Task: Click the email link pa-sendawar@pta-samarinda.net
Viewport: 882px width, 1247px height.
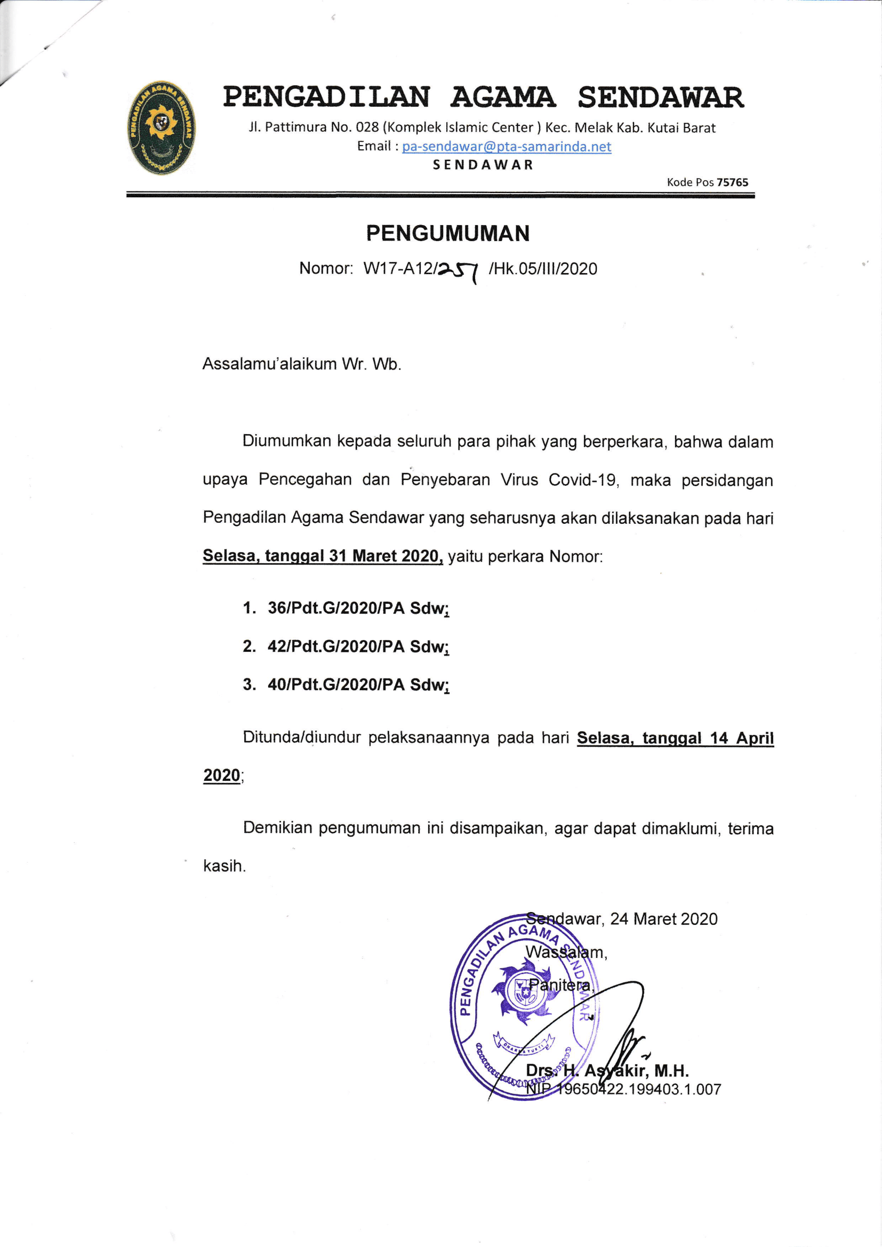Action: click(x=506, y=147)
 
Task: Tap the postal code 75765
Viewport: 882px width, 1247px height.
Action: click(x=732, y=182)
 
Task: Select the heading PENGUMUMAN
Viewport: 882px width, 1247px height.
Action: click(x=447, y=234)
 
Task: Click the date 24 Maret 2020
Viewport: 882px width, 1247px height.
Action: click(x=663, y=919)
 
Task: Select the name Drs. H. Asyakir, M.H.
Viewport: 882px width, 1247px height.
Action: click(x=607, y=1070)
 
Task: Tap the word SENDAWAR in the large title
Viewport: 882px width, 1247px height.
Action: click(x=660, y=98)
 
